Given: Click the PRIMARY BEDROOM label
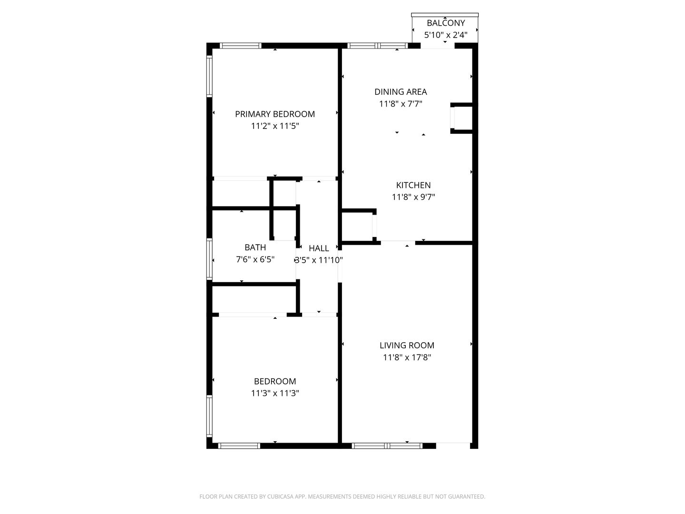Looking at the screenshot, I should pos(275,114).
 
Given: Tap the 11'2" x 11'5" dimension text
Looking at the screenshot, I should pos(275,126).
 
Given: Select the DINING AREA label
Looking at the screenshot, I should pos(401,92).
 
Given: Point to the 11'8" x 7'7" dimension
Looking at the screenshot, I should pos(401,104).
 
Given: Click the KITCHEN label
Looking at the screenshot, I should pos(413,185).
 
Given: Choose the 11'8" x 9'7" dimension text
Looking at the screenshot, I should pos(413,197).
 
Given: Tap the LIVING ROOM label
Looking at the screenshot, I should pos(407,346).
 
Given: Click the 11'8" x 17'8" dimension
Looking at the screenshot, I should pos(407,357).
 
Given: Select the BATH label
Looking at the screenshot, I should pos(255,247).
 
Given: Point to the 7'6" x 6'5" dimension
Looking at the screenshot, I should pos(255,259).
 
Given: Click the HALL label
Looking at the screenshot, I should pos(319,248).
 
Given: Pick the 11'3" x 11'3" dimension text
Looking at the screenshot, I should pos(275,393).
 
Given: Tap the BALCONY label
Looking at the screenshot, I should pos(446,23).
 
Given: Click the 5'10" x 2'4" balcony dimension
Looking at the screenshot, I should pos(446,35).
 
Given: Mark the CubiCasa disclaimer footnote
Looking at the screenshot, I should pos(342,496).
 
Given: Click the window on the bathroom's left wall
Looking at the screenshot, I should pos(209,258).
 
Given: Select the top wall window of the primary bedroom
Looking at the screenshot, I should pos(241,46).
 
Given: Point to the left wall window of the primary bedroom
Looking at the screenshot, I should pos(209,76).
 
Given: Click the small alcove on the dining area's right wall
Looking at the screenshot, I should pos(462,118).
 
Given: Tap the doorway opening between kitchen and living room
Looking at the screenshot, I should pos(398,243).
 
